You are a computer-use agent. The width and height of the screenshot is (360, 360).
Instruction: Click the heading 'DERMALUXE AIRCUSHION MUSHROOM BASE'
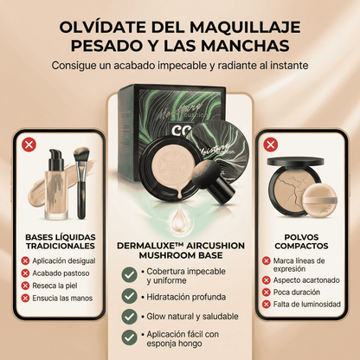click(180, 251)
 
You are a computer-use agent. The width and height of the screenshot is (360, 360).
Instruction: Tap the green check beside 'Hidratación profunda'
click(130, 297)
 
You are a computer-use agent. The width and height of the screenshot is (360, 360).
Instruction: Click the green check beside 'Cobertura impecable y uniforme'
click(130, 274)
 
